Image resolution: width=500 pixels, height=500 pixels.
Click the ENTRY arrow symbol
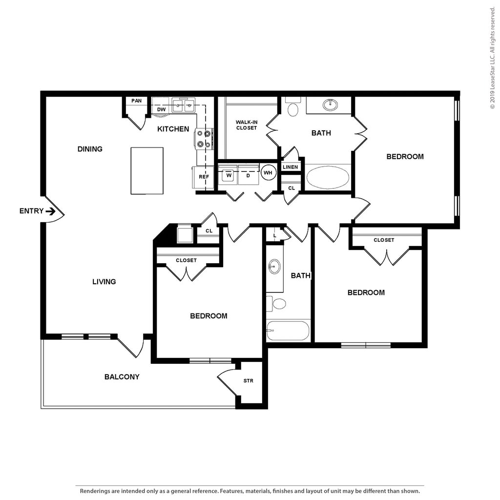click(50, 211)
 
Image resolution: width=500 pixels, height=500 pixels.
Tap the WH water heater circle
click(268, 173)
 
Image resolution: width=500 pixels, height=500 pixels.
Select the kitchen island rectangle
click(147, 170)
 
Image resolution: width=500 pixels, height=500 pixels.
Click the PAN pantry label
click(137, 101)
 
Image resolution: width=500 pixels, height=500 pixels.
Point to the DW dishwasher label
click(161, 109)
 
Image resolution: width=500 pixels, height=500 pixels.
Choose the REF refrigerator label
click(204, 177)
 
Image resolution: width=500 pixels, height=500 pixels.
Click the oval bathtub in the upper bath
click(327, 177)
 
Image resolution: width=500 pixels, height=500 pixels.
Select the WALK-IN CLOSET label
click(247, 125)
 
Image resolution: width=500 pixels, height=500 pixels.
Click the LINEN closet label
click(290, 167)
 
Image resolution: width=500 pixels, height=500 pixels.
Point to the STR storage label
click(249, 381)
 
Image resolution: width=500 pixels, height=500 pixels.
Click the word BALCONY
click(122, 377)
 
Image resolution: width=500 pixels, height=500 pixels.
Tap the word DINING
click(90, 149)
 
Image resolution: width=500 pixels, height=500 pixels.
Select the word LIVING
click(104, 282)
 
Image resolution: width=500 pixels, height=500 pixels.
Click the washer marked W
click(229, 175)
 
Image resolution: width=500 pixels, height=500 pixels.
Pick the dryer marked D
click(249, 175)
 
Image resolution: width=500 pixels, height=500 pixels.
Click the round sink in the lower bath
click(274, 267)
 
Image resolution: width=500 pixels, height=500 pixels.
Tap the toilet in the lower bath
click(276, 304)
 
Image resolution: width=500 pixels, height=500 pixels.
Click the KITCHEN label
click(173, 129)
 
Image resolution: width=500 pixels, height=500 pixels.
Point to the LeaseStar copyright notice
click(493, 58)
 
